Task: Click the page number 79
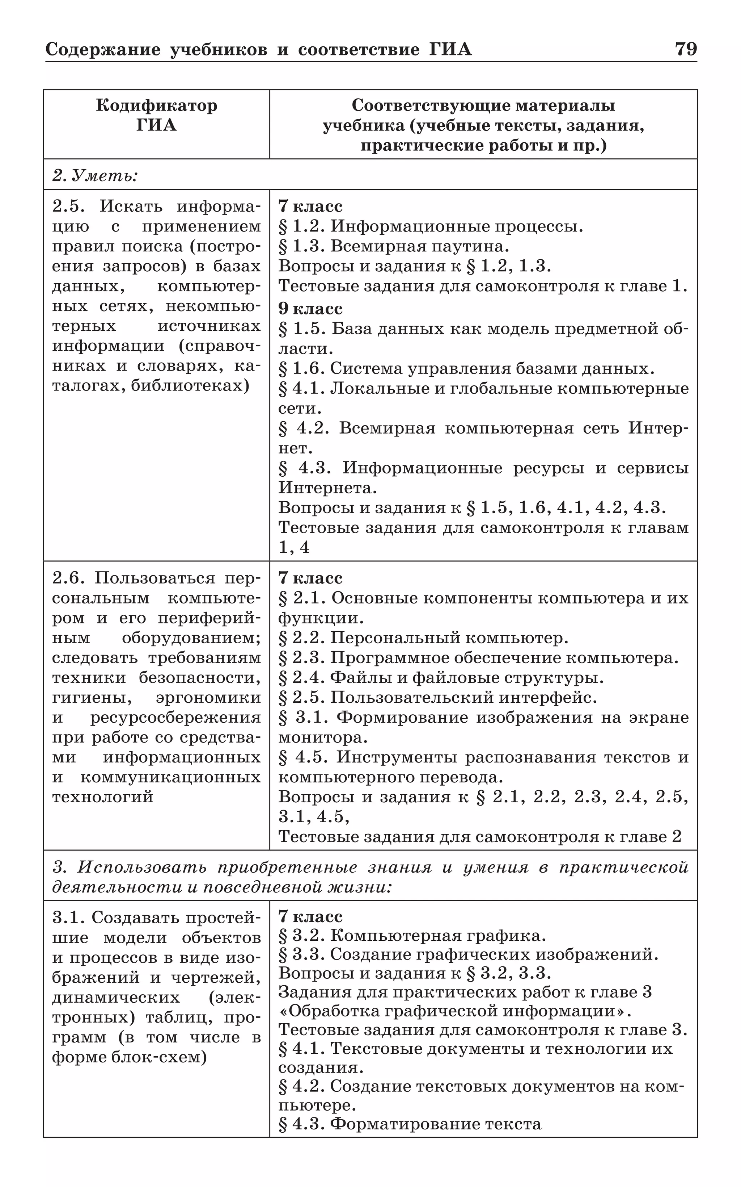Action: [686, 50]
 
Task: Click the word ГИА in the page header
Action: [450, 50]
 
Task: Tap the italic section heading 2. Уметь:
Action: [95, 175]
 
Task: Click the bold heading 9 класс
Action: [310, 309]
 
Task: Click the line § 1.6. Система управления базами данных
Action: [466, 368]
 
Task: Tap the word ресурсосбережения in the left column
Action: [175, 718]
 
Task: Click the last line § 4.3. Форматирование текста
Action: [410, 1124]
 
